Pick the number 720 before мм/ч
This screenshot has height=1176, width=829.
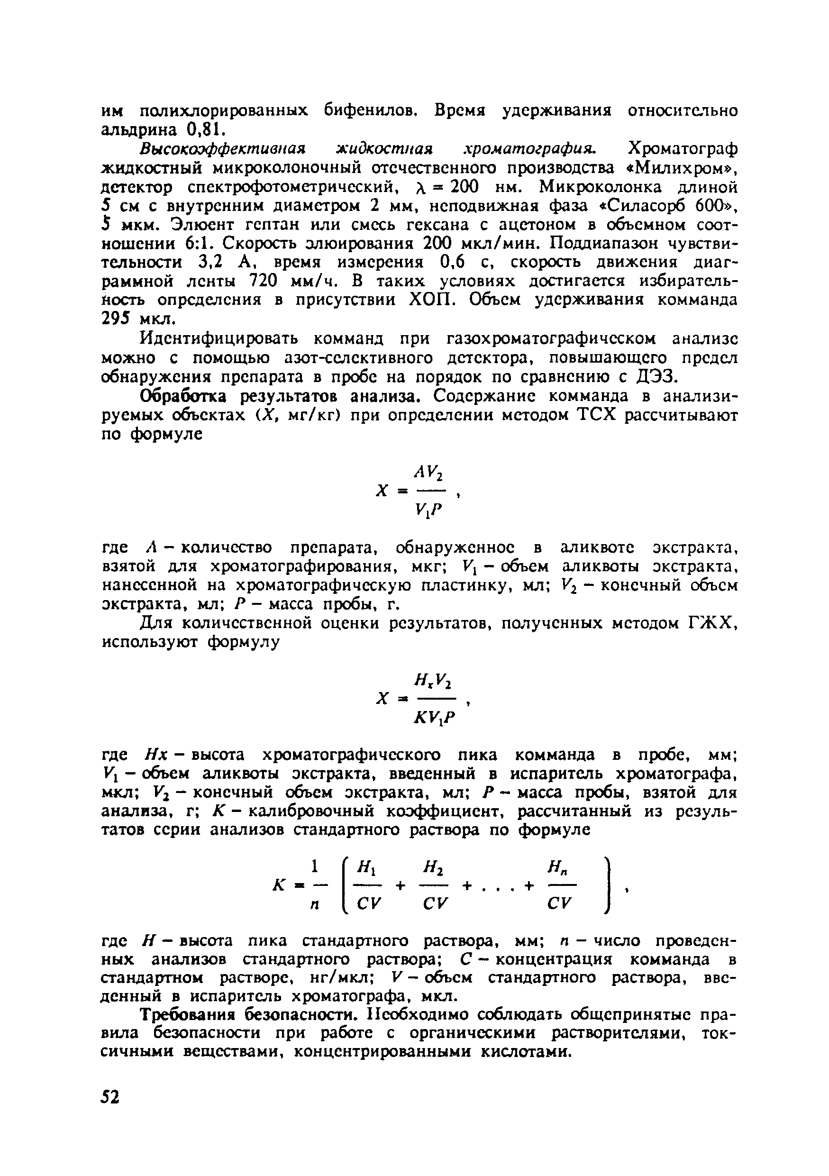click(263, 281)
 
